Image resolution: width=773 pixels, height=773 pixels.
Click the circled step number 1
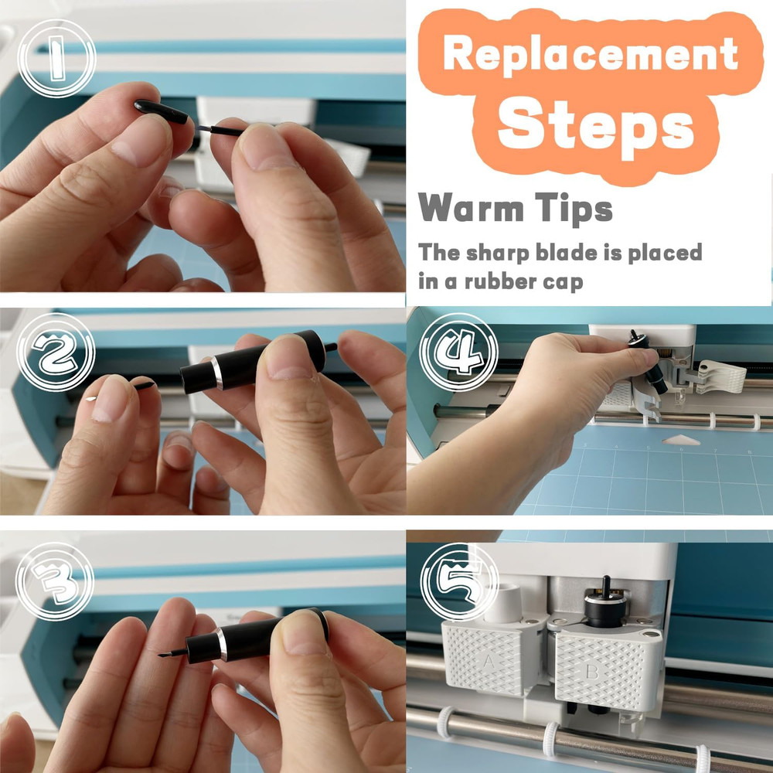pos(56,58)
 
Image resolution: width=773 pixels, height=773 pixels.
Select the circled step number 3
pos(54,581)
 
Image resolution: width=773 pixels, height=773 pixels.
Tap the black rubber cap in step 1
pos(162,112)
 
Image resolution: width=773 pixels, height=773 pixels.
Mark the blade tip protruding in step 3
pos(165,654)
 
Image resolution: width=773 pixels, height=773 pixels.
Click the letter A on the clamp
pos(489,661)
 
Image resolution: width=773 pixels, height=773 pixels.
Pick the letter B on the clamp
pos(591,671)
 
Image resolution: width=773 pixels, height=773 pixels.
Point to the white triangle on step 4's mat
pos(679,441)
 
